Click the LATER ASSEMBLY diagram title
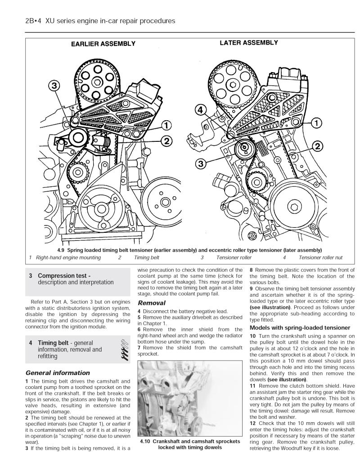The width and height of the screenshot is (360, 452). (x=248, y=43)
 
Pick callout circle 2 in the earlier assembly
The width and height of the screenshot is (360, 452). (x=166, y=141)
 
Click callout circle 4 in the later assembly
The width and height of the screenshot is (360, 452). (x=201, y=109)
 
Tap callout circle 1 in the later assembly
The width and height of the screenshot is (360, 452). (x=316, y=122)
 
